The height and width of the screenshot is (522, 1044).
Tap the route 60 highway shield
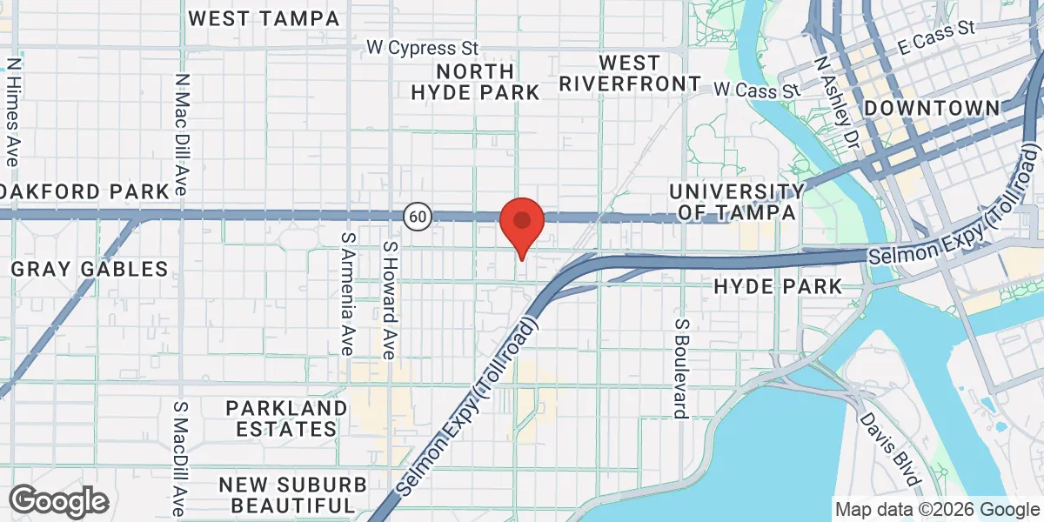click(418, 217)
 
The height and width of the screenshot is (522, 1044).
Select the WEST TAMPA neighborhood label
click(264, 18)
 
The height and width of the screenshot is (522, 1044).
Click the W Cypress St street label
click(422, 47)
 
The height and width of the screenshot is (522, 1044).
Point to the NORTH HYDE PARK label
click(476, 81)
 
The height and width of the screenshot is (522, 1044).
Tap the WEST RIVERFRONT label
click(629, 73)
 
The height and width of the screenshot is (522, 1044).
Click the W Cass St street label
click(756, 89)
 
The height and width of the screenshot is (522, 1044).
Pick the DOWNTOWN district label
click(932, 108)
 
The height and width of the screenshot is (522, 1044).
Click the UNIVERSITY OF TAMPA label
click(736, 201)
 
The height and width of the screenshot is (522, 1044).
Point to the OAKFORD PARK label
click(84, 191)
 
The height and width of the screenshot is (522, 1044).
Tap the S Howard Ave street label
click(390, 300)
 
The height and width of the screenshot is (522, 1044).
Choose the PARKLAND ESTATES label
click(286, 418)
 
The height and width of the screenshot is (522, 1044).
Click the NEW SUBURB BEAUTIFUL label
click(286, 494)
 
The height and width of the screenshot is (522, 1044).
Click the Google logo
click(59, 500)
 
